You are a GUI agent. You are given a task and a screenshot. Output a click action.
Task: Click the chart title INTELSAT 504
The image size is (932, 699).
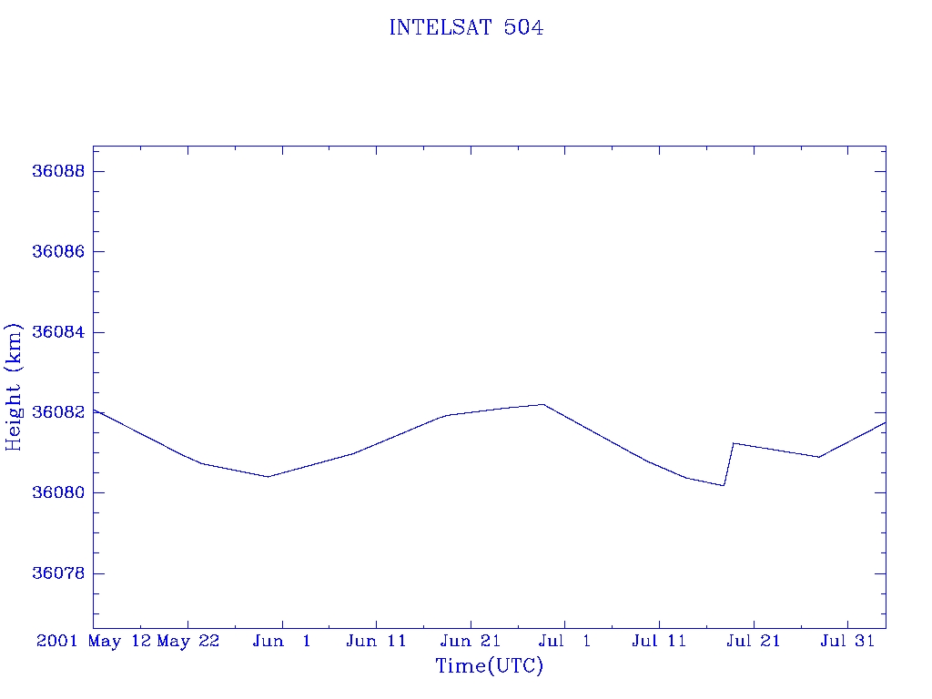coord(466,28)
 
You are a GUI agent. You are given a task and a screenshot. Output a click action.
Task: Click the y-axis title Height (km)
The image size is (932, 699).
coord(14,386)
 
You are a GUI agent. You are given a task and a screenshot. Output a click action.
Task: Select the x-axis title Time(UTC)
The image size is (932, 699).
coord(490,666)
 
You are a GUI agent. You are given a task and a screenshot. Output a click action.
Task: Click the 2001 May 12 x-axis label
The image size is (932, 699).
coord(94,642)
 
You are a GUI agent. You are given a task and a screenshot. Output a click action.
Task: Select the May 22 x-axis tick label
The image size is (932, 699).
coord(188,642)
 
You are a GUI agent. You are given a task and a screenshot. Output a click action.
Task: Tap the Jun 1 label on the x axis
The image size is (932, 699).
coord(282,642)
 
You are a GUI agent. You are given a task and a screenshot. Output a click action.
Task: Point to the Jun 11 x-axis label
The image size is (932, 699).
coord(377,642)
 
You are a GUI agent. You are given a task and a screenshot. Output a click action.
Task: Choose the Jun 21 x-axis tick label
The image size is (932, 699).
coord(471,642)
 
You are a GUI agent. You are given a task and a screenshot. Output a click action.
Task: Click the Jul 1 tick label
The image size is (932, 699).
coord(565,642)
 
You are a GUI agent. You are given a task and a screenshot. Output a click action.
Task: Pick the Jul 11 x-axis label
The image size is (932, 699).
coord(659,642)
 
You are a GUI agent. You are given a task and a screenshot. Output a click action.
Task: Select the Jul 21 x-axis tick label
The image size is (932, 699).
coord(754,642)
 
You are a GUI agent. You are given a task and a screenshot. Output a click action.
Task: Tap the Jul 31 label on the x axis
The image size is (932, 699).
coord(847,642)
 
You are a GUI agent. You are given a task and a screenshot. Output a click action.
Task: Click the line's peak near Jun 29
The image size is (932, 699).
coord(543,404)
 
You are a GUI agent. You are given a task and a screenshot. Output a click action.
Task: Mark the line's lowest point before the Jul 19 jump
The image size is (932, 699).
coord(724,485)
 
